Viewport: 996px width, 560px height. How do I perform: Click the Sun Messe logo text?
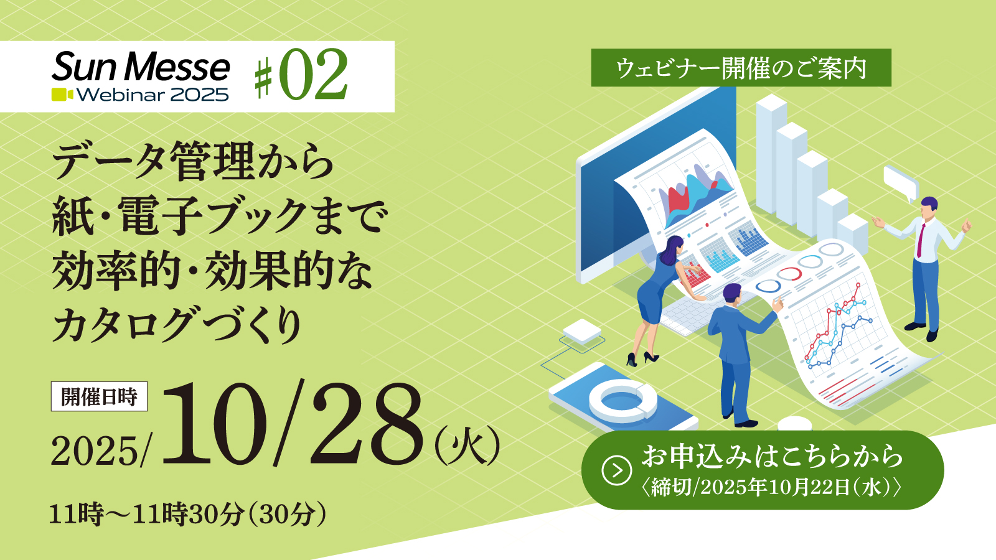(x=141, y=67)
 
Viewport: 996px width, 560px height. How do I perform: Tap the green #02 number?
(x=301, y=74)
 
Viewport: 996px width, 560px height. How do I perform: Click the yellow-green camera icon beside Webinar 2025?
(x=62, y=95)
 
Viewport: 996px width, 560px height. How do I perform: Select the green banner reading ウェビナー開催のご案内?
(x=741, y=68)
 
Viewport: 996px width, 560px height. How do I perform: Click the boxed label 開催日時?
(x=99, y=396)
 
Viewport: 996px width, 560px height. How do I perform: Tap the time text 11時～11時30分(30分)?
(x=188, y=514)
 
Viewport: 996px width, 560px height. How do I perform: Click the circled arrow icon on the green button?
(x=617, y=470)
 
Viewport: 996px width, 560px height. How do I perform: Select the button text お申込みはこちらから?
(x=771, y=457)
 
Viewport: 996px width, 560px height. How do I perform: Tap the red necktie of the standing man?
(x=921, y=240)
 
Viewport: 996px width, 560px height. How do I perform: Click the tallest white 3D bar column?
(x=771, y=153)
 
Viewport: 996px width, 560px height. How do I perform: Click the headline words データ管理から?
(x=192, y=161)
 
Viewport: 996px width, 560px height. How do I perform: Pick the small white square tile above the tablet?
(x=582, y=331)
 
